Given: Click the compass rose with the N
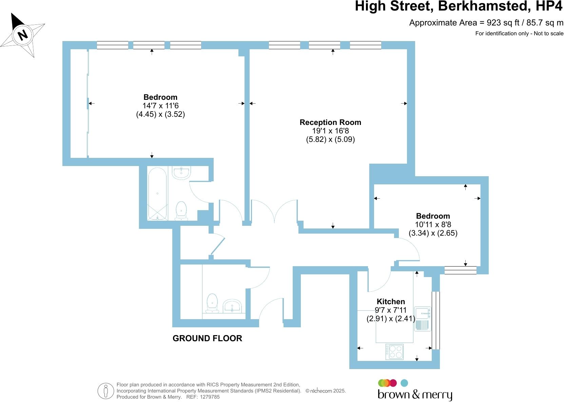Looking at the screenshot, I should tap(23, 35).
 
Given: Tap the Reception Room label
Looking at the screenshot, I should tap(330, 122).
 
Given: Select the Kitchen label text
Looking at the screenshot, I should tap(391, 301).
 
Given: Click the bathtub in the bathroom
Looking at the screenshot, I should tap(157, 194).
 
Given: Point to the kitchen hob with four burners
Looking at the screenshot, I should tap(395, 352).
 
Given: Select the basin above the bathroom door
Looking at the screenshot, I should tap(182, 172).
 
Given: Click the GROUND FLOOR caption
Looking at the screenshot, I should tap(207, 339).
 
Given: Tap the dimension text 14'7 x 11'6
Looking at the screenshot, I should tap(160, 106).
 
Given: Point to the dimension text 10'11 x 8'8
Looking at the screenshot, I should tap(433, 224).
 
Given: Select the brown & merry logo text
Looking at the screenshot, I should tap(415, 395).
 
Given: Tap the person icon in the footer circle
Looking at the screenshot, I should tap(106, 391).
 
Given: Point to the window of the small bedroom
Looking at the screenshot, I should tap(460, 270).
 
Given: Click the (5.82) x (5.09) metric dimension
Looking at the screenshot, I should tap(330, 139).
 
